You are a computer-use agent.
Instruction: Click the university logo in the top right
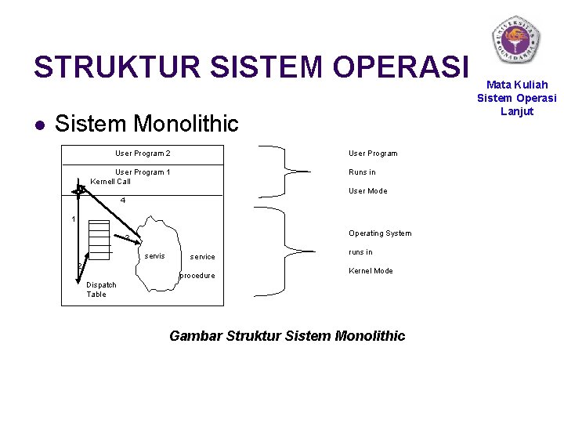515,39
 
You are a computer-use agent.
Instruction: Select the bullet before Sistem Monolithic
38,125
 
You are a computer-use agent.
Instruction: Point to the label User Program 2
143,154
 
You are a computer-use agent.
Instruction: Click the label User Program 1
143,172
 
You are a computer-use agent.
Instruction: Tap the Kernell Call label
110,182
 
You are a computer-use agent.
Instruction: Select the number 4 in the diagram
123,201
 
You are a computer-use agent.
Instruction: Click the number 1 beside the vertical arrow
73,219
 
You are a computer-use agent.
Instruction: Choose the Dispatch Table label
101,290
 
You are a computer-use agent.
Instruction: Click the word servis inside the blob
155,256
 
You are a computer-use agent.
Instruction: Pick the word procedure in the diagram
197,276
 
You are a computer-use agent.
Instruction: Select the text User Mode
367,191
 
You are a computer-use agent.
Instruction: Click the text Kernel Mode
371,271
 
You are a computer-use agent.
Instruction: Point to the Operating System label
380,233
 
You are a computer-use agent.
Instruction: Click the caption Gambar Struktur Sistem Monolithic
287,336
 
